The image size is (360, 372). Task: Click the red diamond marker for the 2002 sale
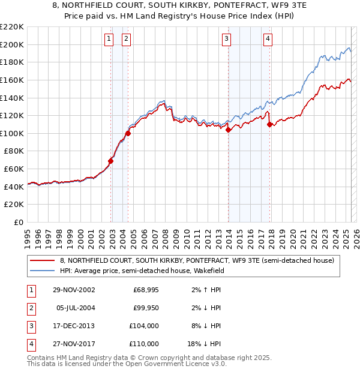coord(111,161)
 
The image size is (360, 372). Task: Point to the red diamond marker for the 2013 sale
coord(229,130)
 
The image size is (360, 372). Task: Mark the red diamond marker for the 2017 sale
coord(270,124)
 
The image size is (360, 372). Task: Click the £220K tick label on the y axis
coord(12,27)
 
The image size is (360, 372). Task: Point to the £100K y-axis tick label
coord(12,133)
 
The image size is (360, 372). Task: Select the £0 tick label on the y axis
coord(18,223)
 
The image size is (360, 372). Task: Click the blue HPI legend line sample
coord(42,271)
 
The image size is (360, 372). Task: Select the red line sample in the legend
coord(42,260)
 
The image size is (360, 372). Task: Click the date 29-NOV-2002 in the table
coord(74,290)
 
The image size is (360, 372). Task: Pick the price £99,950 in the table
coord(145,308)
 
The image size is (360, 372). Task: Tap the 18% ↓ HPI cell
coord(203,344)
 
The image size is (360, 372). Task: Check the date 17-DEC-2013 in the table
coord(74,326)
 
